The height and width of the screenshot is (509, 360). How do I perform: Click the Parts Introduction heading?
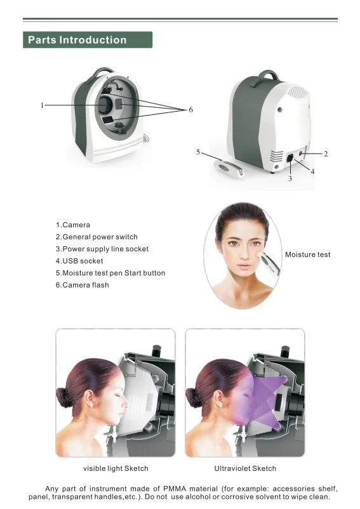(x=77, y=40)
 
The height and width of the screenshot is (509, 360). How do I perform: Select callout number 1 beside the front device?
(x=42, y=105)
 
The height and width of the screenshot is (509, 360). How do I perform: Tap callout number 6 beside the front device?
(x=190, y=110)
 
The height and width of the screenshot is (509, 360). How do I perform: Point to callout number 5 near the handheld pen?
(x=199, y=152)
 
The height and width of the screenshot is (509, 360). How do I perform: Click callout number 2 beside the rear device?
(x=326, y=154)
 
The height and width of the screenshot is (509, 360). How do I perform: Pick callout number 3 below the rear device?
(x=290, y=180)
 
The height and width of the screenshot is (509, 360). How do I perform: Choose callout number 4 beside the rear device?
(x=312, y=171)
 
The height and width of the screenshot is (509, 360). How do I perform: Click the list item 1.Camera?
(x=73, y=225)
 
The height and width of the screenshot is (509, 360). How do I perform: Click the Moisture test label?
(x=307, y=255)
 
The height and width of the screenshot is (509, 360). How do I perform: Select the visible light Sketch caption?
(x=116, y=468)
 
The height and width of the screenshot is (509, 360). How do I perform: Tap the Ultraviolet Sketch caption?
(x=245, y=468)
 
